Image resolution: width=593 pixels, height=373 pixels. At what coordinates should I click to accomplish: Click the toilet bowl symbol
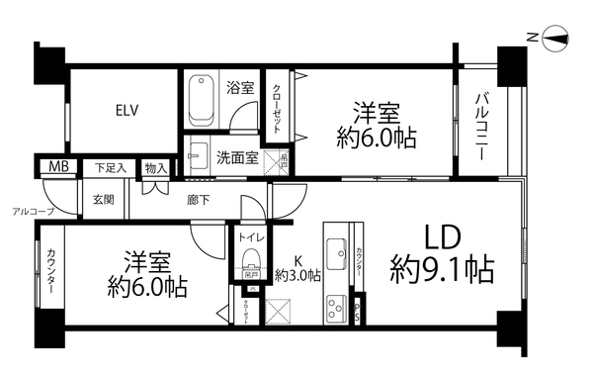pyautogui.click(x=250, y=264)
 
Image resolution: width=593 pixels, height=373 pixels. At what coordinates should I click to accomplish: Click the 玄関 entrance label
pyautogui.click(x=104, y=199)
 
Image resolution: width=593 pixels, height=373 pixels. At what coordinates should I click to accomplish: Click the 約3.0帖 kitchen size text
pyautogui.click(x=297, y=276)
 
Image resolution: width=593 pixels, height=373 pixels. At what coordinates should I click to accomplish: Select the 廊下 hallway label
pyautogui.click(x=198, y=199)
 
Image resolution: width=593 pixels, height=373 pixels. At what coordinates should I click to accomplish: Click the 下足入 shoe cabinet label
pyautogui.click(x=111, y=168)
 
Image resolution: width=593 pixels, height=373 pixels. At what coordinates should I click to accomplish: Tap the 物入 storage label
pyautogui.click(x=155, y=168)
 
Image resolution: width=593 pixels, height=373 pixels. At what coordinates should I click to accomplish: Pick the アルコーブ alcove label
pyautogui.click(x=33, y=212)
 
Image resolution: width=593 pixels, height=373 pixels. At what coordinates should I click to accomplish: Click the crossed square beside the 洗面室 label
pyautogui.click(x=282, y=155)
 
